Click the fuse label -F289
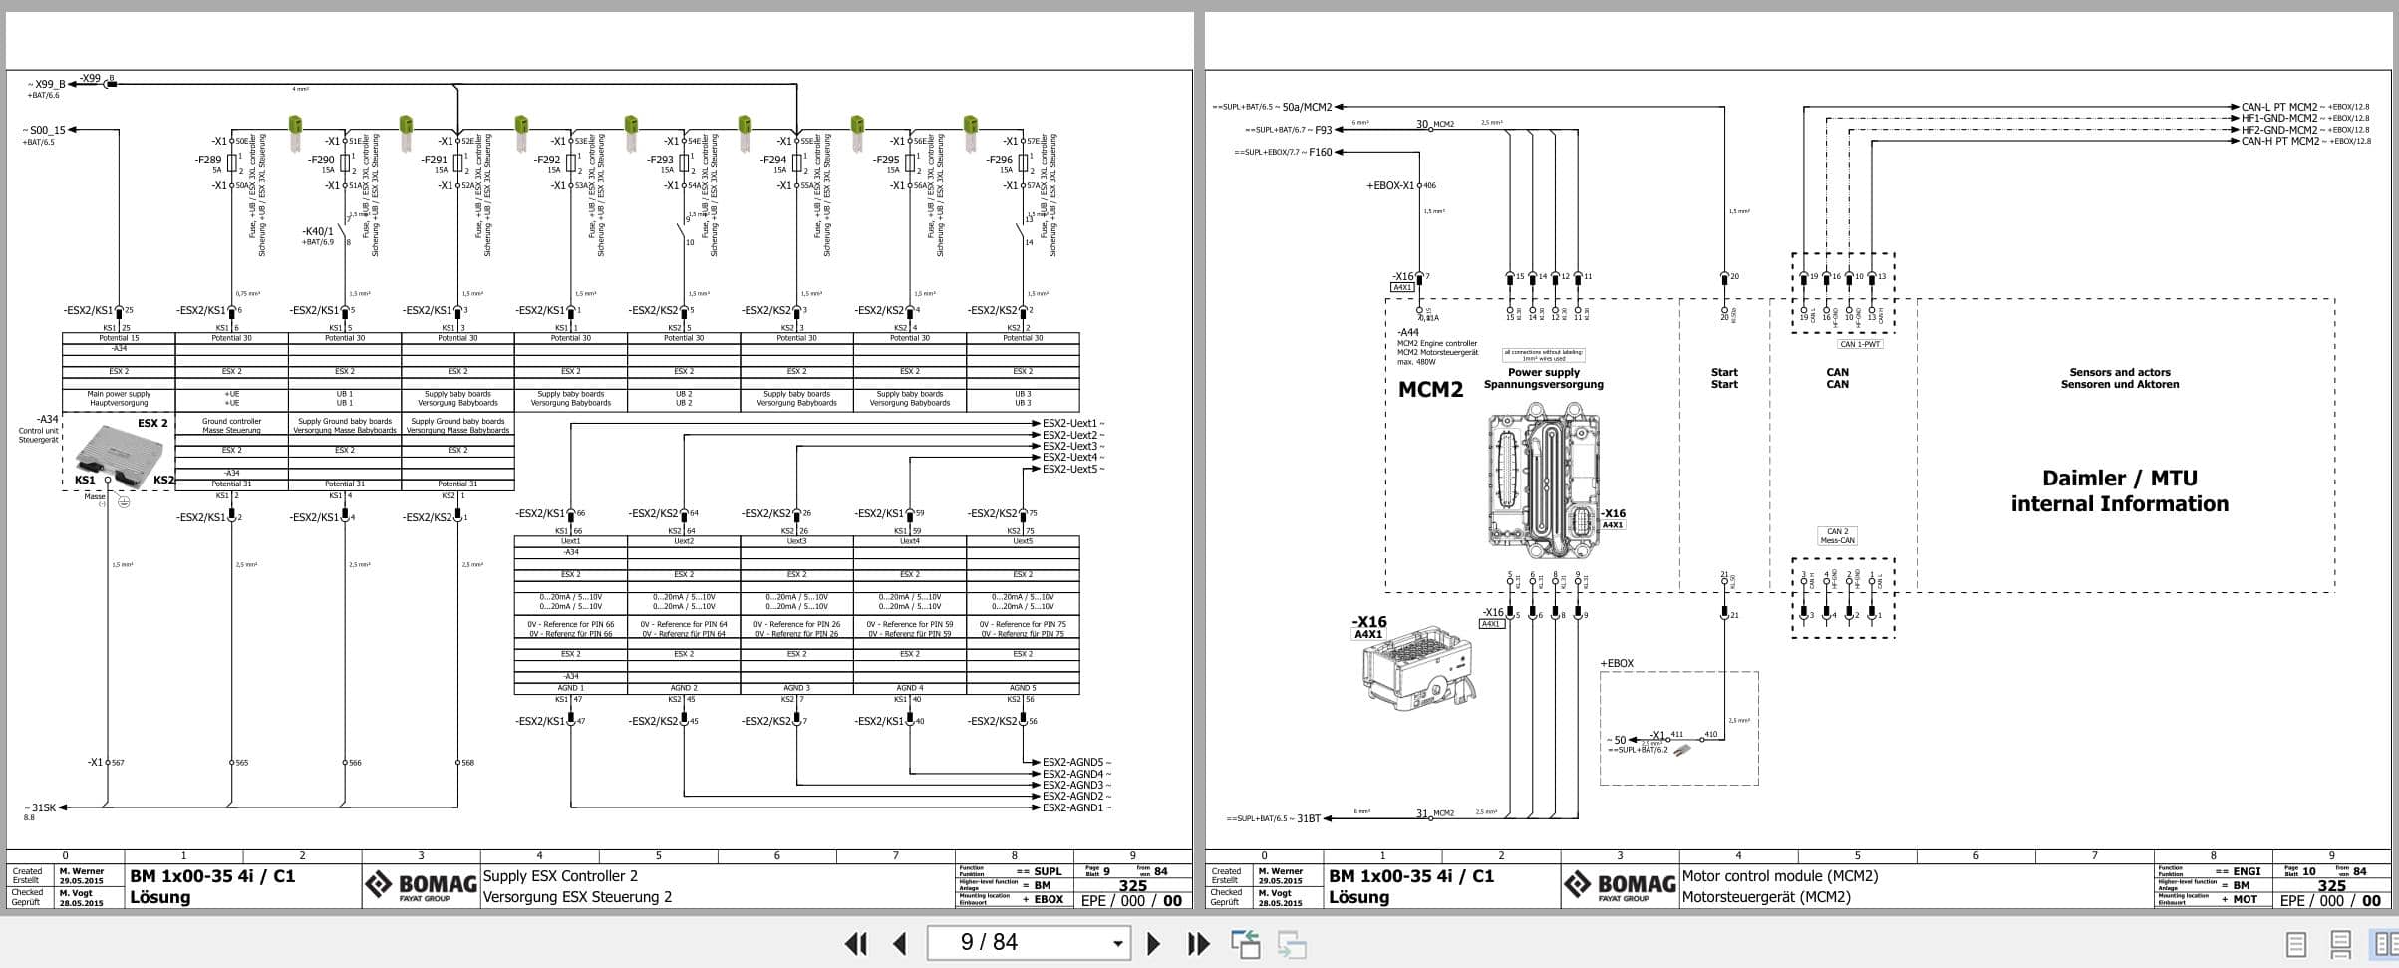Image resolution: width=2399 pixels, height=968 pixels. tap(209, 160)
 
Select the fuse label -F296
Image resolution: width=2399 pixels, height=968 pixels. tap(1000, 160)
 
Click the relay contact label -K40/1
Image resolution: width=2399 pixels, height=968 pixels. tap(318, 231)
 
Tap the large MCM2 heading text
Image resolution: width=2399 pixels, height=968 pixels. tap(1430, 390)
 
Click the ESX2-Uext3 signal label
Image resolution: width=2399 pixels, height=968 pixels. tap(1069, 446)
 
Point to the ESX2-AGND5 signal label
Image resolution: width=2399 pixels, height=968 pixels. tap(1072, 763)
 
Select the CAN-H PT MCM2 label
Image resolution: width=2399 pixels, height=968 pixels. tap(2279, 142)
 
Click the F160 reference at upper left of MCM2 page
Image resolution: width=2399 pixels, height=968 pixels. tap(1321, 153)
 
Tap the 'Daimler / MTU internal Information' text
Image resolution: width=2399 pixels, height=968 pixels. tap(2119, 491)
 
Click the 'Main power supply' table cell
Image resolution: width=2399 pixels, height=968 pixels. tap(119, 399)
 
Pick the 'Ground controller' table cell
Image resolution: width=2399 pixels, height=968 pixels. tap(231, 426)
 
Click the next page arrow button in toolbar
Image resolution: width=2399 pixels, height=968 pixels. tap(1153, 943)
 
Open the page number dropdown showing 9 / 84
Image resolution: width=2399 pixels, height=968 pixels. tap(1118, 943)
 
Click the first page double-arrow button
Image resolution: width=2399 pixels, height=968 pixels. tap(855, 943)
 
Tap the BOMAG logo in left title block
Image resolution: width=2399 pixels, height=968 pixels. tap(420, 885)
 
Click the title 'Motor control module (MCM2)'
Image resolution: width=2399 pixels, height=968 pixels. tap(1779, 876)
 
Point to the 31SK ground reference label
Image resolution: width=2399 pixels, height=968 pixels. tap(44, 807)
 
